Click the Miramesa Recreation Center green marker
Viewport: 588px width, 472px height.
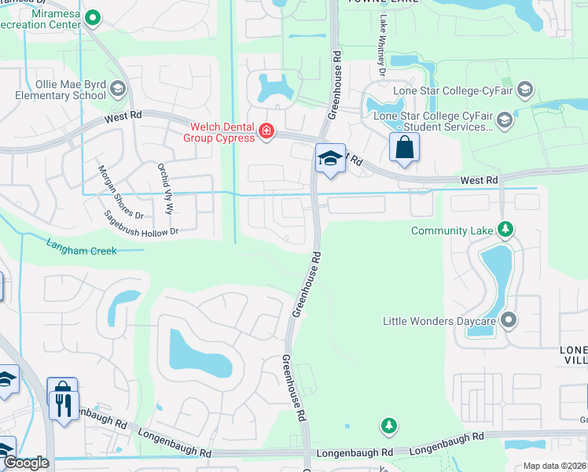click(x=93, y=17)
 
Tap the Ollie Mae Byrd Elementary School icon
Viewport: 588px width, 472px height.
click(x=119, y=87)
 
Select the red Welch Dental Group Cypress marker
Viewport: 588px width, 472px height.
click(x=266, y=131)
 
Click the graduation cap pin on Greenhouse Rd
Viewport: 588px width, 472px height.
click(x=330, y=158)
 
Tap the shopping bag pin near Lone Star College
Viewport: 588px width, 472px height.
click(x=404, y=147)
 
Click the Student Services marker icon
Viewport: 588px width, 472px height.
click(x=504, y=120)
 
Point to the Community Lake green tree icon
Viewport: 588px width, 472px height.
click(x=507, y=230)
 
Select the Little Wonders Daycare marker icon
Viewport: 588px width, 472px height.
click(x=509, y=320)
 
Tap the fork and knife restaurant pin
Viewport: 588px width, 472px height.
click(x=62, y=404)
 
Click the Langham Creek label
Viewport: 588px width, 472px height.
click(x=81, y=249)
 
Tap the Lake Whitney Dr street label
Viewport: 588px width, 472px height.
click(x=383, y=57)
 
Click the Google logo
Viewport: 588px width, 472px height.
click(x=26, y=463)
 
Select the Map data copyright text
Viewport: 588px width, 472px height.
click(x=554, y=466)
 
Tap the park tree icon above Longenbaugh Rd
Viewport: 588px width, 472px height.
click(x=388, y=426)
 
